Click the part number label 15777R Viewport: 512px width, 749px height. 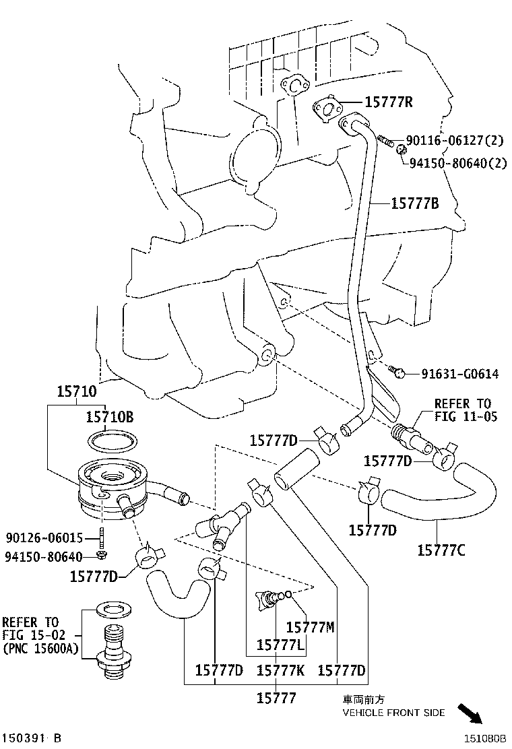coord(389,102)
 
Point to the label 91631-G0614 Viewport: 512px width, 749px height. coord(460,373)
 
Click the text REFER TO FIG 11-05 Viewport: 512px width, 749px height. coord(466,410)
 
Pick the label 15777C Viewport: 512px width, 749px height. coord(441,550)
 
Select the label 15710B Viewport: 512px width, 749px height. coord(109,418)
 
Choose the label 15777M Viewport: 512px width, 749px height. coord(310,627)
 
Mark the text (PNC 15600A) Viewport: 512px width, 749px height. coord(40,648)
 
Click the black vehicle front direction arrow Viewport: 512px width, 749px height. coord(471,713)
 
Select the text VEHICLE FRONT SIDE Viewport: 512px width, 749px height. coord(394,713)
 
